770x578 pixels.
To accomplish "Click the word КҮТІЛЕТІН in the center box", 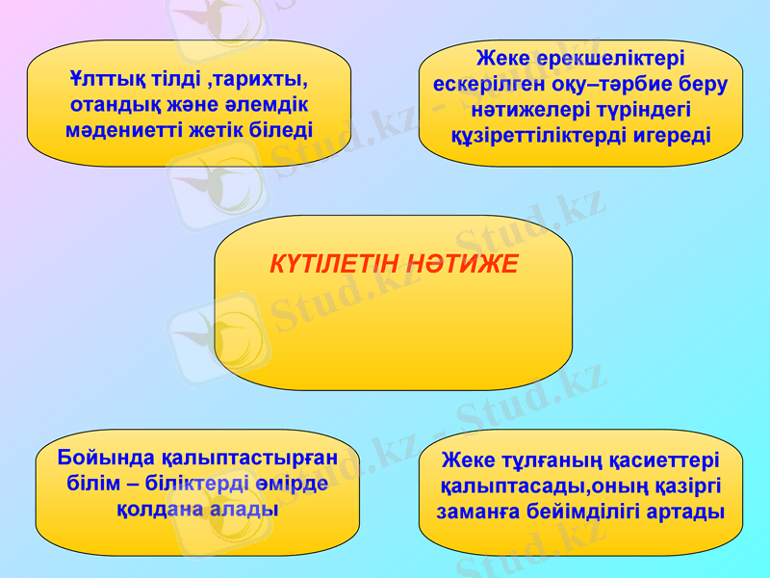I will pyautogui.click(x=331, y=263).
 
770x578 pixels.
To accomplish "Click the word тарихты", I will pyautogui.click(x=258, y=78).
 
